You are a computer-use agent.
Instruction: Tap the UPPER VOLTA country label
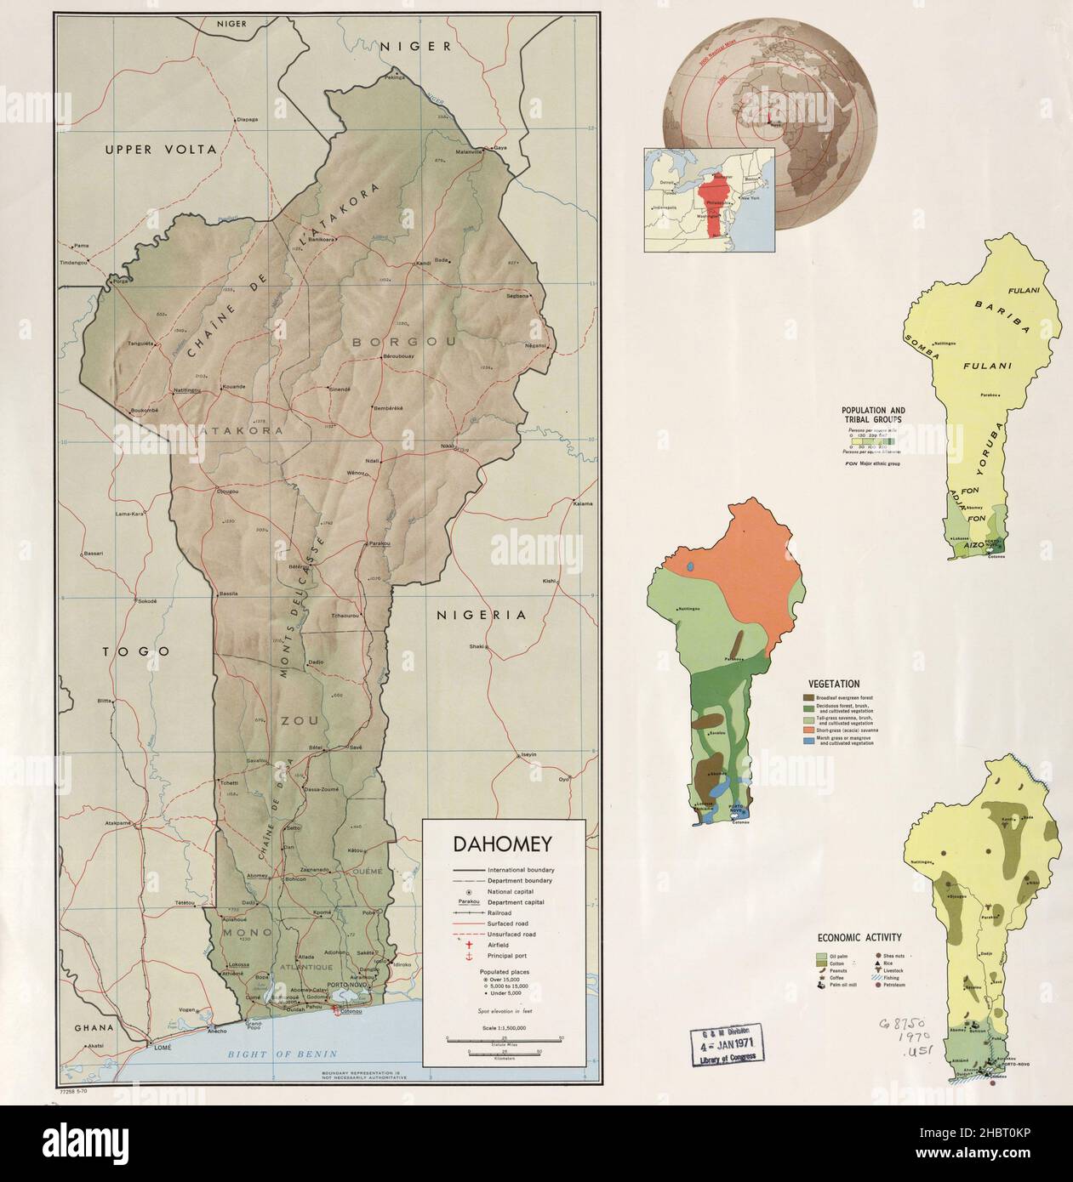click(161, 150)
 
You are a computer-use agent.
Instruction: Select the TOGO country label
click(136, 651)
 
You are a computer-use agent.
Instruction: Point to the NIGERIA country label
click(481, 615)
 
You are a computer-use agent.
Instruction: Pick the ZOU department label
click(298, 721)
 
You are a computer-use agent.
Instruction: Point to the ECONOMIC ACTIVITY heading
click(859, 938)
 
